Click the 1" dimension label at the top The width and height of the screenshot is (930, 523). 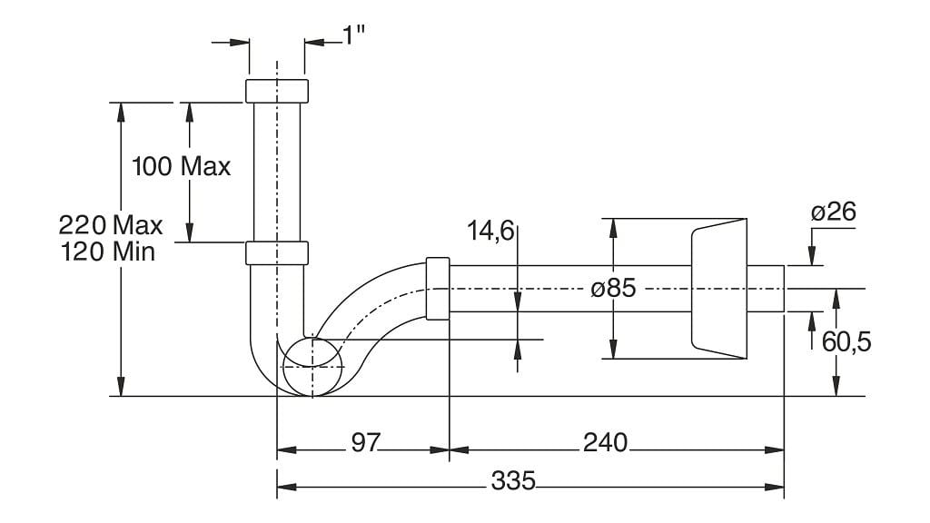pos(353,35)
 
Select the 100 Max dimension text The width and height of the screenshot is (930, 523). pos(182,167)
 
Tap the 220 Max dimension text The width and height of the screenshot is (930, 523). pos(111,224)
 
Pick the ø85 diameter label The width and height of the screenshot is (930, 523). pos(613,290)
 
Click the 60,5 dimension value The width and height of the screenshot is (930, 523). pos(846,342)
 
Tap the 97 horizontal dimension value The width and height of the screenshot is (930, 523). pos(364,442)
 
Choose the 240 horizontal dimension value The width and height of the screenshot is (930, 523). pos(605,442)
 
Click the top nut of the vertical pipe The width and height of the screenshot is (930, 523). pos(277,91)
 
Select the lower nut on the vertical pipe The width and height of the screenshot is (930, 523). pos(277,252)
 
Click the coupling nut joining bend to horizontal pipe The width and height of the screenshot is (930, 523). pos(438,289)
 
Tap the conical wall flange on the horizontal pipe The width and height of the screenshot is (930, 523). pos(719,289)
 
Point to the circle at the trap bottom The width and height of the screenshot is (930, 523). pos(312,367)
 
